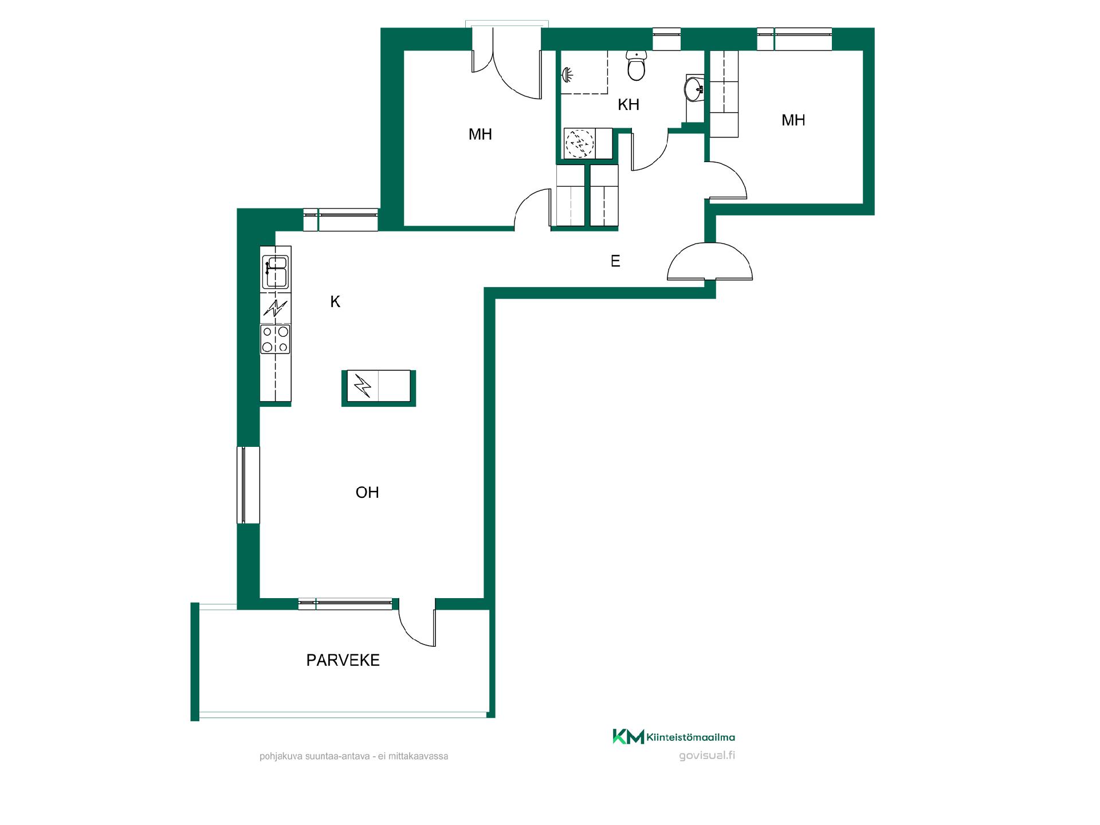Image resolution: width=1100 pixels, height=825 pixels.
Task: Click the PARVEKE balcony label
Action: (343, 660)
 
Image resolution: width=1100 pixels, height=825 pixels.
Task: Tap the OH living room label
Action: (367, 492)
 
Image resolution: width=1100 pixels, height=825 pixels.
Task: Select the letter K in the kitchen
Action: (335, 301)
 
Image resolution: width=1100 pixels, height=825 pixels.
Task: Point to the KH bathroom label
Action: (628, 104)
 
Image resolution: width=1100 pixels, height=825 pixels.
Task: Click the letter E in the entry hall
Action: (615, 261)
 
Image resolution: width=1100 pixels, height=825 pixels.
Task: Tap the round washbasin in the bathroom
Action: (694, 89)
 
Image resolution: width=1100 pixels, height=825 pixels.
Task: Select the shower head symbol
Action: (567, 74)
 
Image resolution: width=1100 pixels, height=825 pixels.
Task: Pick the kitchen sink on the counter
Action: (275, 272)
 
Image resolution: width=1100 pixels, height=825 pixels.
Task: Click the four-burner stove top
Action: (275, 339)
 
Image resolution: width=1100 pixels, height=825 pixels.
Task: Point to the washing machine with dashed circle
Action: (580, 143)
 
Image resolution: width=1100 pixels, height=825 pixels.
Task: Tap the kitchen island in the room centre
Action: (379, 388)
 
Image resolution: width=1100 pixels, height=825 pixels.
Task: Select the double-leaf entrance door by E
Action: (710, 261)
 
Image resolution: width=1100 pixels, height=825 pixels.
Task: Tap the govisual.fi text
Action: (707, 755)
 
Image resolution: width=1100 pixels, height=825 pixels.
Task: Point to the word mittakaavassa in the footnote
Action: (418, 756)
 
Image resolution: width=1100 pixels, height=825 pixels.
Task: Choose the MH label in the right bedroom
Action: (793, 120)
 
